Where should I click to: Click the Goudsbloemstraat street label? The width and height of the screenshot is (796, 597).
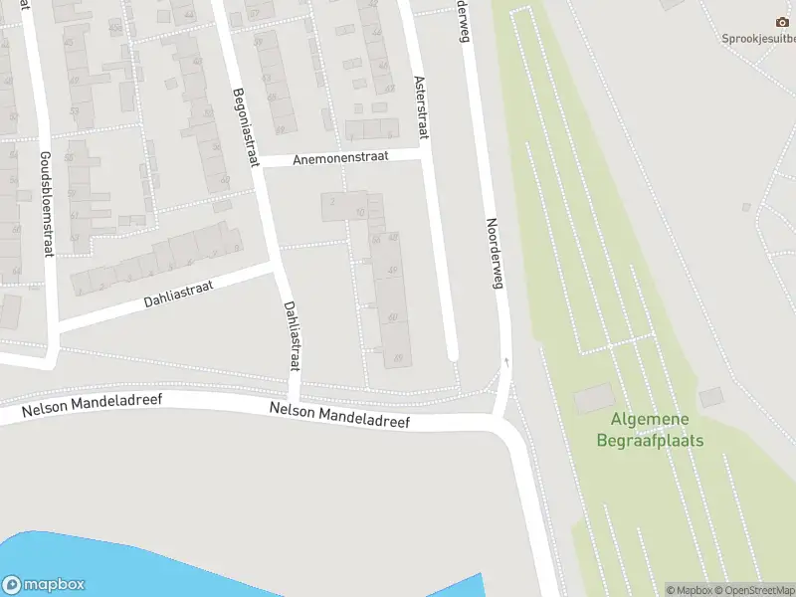click(x=45, y=204)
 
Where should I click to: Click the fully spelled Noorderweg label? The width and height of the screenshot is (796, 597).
click(x=495, y=254)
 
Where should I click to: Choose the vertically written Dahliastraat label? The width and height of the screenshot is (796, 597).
click(x=292, y=336)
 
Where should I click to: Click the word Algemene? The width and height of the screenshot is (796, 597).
click(x=651, y=421)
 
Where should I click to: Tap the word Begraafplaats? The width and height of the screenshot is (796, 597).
click(x=651, y=440)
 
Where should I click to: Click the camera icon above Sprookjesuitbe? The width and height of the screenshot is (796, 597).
click(x=781, y=22)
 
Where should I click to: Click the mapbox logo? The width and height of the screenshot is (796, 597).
click(x=44, y=585)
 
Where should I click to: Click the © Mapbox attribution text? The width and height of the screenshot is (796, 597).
click(x=689, y=590)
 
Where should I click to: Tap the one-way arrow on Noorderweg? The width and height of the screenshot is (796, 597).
click(x=507, y=362)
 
